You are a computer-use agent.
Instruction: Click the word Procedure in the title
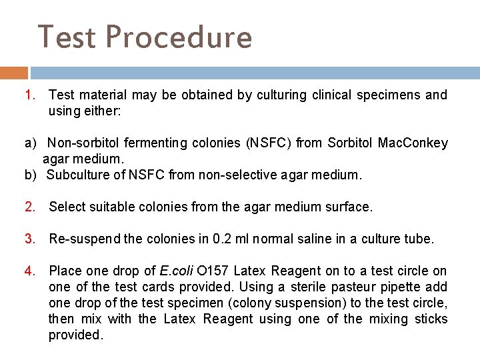179,37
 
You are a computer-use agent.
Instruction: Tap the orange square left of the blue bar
14,73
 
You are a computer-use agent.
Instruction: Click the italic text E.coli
176,271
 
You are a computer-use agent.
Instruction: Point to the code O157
213,271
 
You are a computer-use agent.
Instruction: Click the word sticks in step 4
429,319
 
